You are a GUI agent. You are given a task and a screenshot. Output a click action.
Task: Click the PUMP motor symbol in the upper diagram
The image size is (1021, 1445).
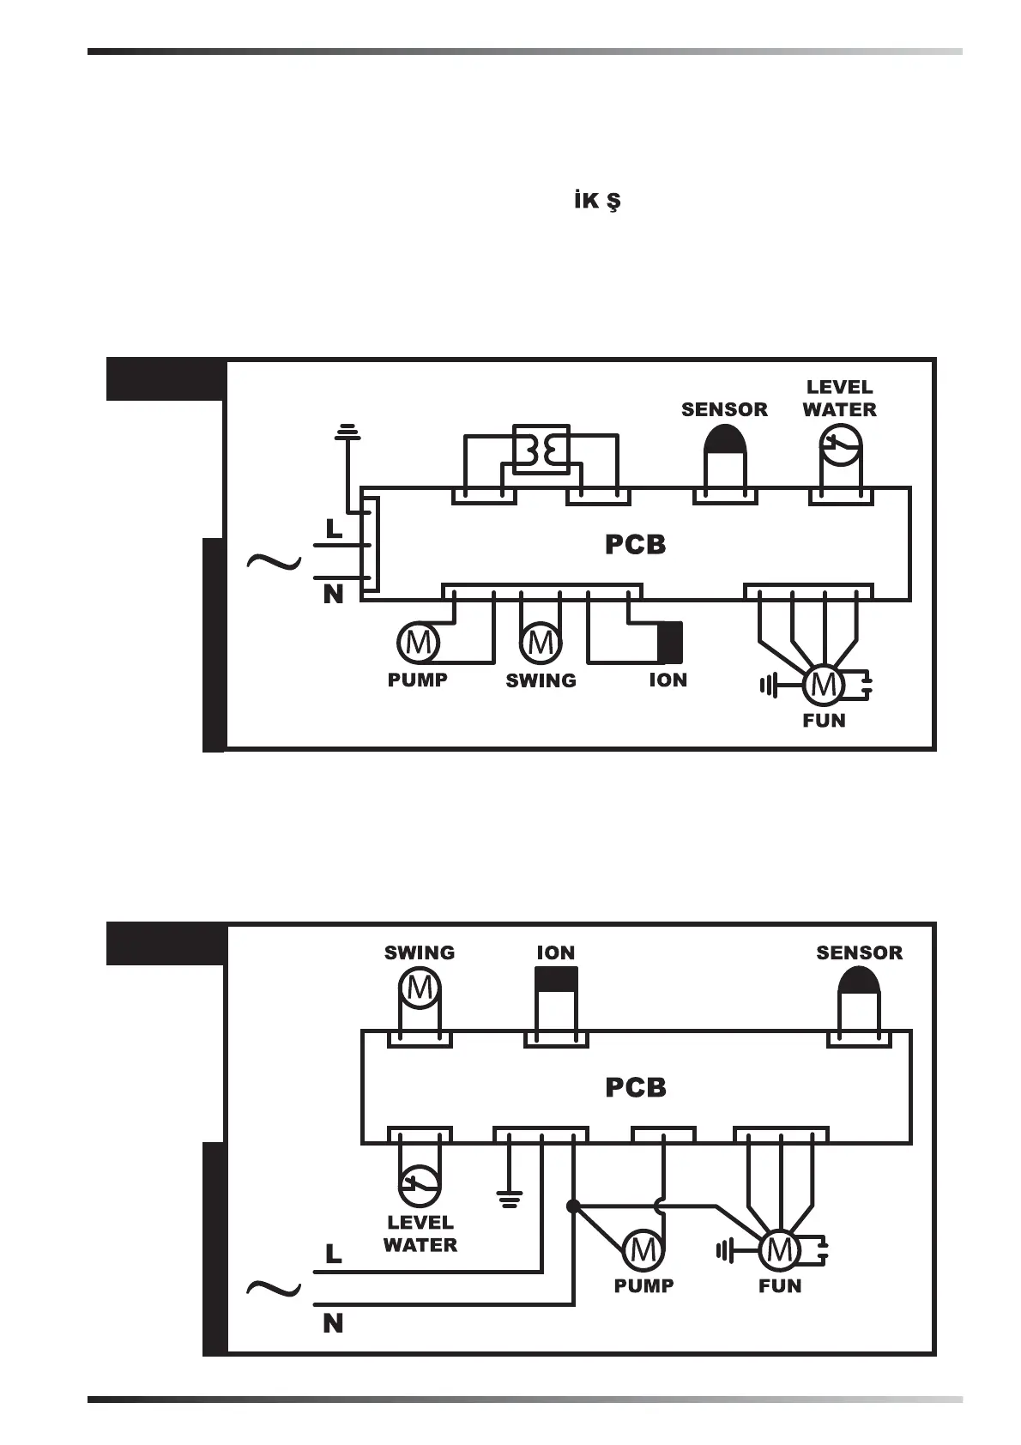418,642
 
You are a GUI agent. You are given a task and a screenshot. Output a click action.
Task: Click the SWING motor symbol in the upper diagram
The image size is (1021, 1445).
541,642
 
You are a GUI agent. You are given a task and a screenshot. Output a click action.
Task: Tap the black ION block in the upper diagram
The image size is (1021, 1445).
669,643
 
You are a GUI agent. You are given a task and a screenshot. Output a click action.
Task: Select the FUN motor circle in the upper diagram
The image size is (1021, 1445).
824,685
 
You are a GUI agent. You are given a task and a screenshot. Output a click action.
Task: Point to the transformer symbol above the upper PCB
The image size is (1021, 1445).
541,447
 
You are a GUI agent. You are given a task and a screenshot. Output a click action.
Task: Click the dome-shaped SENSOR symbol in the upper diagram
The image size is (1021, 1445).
725,441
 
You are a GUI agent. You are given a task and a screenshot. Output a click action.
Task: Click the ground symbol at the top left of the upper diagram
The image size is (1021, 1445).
347,432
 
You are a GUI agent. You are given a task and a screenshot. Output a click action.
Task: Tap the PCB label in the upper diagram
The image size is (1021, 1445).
635,545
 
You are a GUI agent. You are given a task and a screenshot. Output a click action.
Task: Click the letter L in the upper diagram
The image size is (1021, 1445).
334,529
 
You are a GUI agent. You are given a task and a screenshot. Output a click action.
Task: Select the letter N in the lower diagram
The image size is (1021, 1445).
333,1324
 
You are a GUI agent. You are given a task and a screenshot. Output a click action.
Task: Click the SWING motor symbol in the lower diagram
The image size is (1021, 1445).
420,989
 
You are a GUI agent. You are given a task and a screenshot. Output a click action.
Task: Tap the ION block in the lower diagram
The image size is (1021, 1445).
556,980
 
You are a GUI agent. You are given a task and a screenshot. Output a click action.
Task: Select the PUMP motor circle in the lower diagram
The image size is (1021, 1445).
643,1250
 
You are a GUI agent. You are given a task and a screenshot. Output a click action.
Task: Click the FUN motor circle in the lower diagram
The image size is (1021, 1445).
779,1250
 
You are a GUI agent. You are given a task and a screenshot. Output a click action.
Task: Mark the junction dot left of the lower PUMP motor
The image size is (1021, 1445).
573,1206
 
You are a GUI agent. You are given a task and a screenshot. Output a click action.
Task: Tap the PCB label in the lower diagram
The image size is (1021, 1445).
635,1087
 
